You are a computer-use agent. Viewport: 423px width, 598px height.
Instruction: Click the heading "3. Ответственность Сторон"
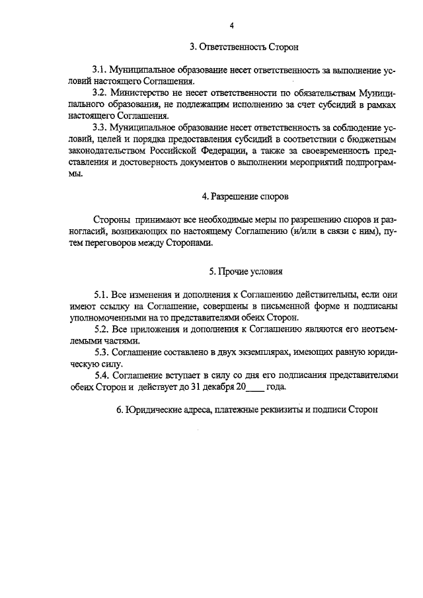pos(245,47)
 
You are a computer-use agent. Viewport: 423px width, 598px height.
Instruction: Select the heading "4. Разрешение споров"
pos(245,197)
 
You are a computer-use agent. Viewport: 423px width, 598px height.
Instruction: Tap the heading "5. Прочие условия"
pos(245,272)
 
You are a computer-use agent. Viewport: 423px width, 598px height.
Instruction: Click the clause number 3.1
pos(100,69)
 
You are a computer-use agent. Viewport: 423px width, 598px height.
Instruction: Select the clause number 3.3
pos(100,126)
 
